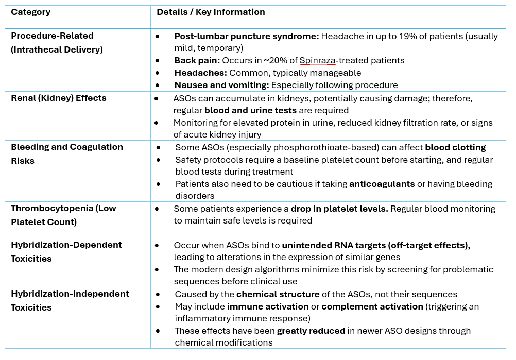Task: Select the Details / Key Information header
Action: [x=211, y=12]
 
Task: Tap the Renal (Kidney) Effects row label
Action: [x=58, y=98]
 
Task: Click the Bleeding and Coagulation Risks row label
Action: [x=67, y=153]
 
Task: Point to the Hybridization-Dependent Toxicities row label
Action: [x=66, y=251]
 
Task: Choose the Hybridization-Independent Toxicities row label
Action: [x=70, y=300]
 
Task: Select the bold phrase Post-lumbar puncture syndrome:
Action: [x=247, y=36]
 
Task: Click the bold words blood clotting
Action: [x=455, y=147]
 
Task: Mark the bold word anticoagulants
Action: [x=382, y=184]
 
